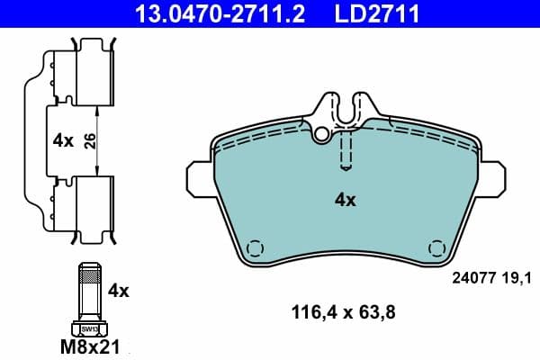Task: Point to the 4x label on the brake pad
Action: pos(346,200)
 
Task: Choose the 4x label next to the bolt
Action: pos(119,291)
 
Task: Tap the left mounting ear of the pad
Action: pos(197,177)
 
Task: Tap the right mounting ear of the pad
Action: pos(494,177)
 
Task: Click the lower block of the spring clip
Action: pos(94,202)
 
